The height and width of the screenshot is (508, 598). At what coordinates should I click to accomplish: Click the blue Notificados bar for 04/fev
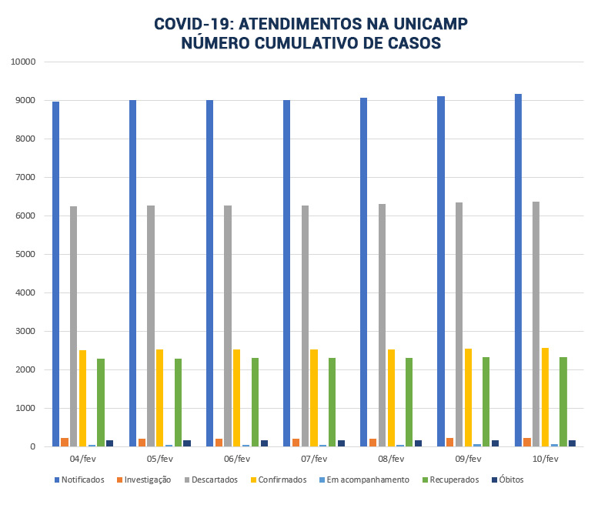tap(56, 274)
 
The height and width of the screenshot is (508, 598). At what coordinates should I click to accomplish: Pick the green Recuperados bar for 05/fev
tap(178, 403)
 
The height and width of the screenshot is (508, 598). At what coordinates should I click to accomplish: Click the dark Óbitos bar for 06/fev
tap(264, 443)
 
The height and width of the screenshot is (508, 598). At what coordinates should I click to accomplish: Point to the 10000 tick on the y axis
tap(22, 62)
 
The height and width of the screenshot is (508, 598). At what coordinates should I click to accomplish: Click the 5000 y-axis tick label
tap(25, 254)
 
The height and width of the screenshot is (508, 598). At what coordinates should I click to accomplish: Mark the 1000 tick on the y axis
tap(25, 408)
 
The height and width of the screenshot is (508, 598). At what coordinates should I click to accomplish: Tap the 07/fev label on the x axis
tap(314, 459)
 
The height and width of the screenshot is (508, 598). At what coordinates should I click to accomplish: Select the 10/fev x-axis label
tap(545, 459)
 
